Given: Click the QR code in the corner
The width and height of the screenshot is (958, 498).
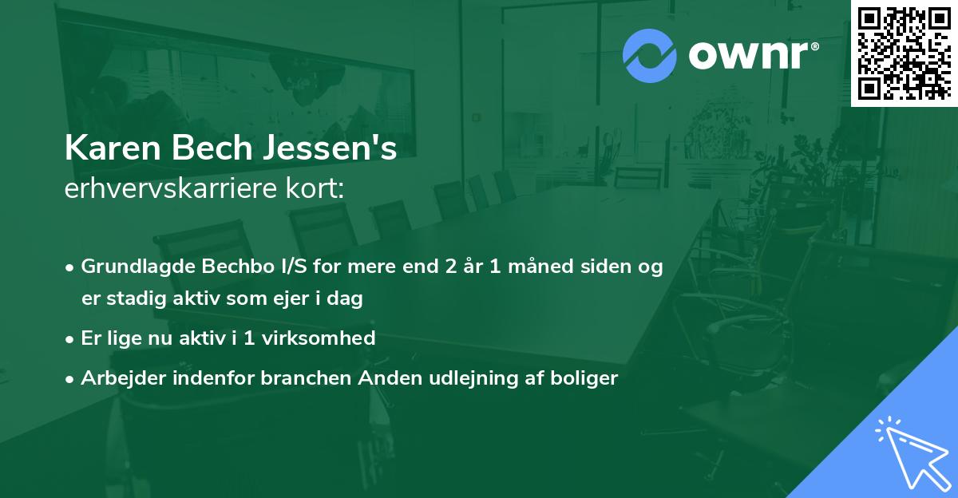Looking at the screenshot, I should click(904, 53).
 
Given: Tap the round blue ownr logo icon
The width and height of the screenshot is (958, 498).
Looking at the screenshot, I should click(649, 56).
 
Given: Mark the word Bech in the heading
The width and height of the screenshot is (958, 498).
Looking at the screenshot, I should click(208, 148).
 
